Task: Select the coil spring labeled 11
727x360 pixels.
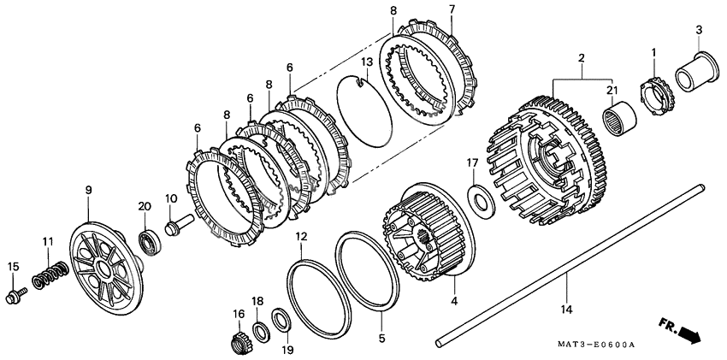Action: (x=49, y=274)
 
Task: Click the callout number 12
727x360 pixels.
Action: (x=302, y=236)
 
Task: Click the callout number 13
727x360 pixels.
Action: (x=365, y=62)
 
